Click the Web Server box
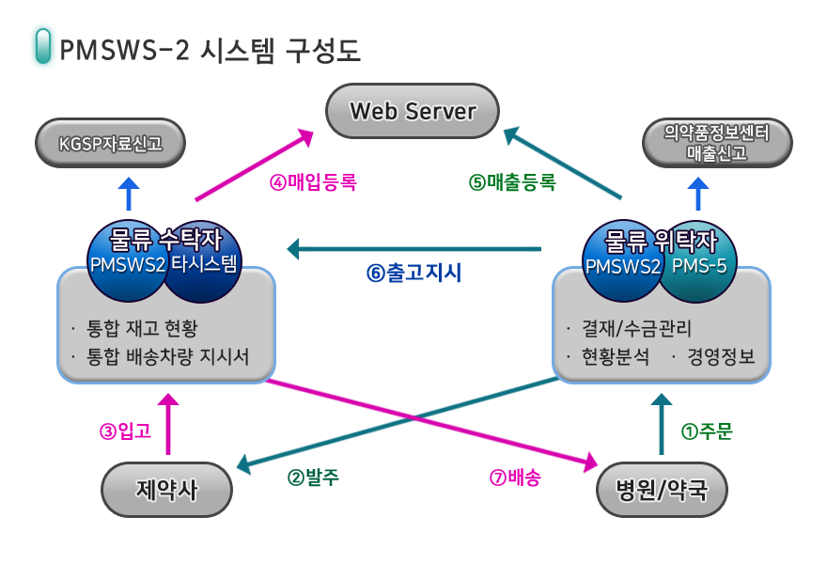[x=413, y=111]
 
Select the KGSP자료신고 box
[x=110, y=144]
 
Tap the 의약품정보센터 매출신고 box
[x=716, y=143]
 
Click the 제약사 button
[x=166, y=490]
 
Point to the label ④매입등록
[x=313, y=182]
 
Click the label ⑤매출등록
[x=512, y=182]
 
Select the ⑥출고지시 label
[x=413, y=274]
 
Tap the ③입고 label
[x=125, y=431]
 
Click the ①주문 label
[x=706, y=431]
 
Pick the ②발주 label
[x=313, y=477]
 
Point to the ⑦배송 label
[x=515, y=477]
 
